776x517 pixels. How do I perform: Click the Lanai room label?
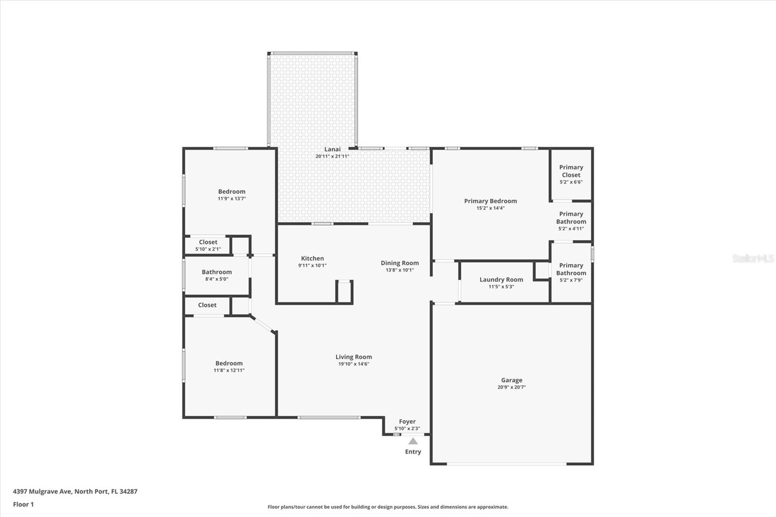(332, 149)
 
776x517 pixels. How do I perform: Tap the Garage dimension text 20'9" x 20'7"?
(511, 388)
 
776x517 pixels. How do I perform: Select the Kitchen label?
(312, 258)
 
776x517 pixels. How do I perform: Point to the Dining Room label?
(400, 263)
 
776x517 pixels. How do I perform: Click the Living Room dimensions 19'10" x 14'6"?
(354, 364)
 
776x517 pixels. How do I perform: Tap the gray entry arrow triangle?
(413, 441)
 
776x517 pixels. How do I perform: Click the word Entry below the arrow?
(413, 452)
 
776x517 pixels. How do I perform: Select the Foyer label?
(407, 422)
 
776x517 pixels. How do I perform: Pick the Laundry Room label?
(501, 279)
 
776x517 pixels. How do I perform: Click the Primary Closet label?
(571, 171)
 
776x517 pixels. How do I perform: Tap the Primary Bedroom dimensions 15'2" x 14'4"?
(490, 208)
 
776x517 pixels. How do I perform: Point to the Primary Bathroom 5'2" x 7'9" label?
(571, 269)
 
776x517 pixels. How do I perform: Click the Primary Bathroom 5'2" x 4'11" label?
(571, 218)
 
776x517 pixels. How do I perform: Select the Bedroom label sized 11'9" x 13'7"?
(231, 192)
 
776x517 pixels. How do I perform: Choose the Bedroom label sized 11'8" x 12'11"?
(229, 363)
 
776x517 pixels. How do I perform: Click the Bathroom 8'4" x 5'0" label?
(217, 272)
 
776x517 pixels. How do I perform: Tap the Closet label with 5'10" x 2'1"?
(208, 242)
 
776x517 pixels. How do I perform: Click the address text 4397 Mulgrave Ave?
(43, 491)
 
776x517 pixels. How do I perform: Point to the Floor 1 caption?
(23, 504)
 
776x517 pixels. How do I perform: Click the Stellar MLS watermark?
(753, 258)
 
